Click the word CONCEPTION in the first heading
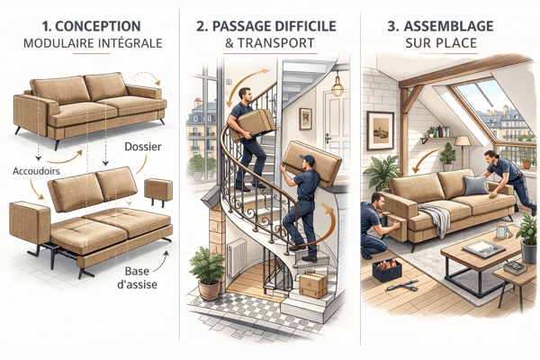click(98, 26)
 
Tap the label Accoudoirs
click(36, 171)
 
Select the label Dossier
click(143, 147)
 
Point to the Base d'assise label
click(137, 278)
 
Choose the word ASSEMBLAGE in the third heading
click(449, 26)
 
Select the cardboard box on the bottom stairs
click(312, 284)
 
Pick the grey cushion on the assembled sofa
click(475, 185)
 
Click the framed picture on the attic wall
click(380, 130)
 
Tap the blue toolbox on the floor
click(387, 271)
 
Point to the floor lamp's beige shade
click(463, 140)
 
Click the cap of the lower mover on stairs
click(308, 159)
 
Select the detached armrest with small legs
click(158, 193)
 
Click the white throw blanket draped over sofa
click(435, 219)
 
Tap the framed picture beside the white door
click(305, 119)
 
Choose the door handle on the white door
click(328, 139)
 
